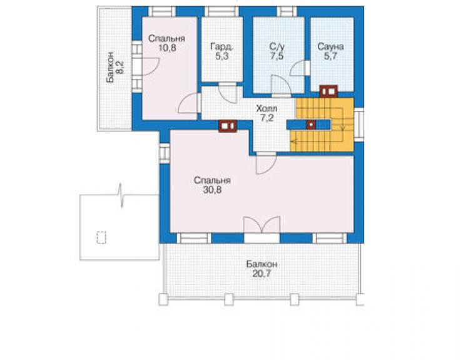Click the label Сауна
tap(330, 46)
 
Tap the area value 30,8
tap(212, 190)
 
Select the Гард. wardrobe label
tap(221, 47)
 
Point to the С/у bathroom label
tap(277, 46)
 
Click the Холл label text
tap(267, 108)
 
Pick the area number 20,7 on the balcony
tap(262, 274)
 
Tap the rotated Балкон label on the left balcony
tap(110, 68)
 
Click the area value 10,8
tap(167, 48)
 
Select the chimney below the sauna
tap(328, 91)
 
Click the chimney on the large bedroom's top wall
tap(228, 126)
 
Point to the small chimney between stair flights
tap(311, 125)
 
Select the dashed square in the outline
tap(101, 237)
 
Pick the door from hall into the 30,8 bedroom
tap(266, 164)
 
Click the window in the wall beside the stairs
tap(359, 125)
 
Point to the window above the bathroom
tap(287, 12)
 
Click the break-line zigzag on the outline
tap(121, 195)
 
